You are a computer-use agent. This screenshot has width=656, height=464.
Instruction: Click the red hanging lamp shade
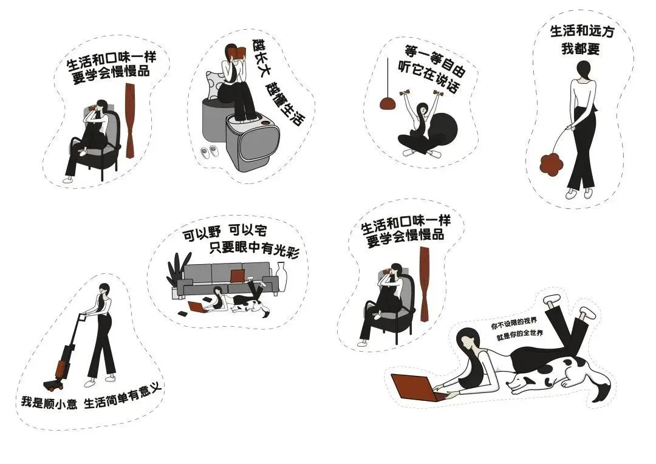tap(388, 103)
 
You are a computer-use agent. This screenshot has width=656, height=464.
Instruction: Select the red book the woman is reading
tap(239, 53)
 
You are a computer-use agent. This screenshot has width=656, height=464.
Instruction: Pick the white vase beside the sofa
tap(281, 276)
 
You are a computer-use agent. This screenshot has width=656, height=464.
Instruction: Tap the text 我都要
tap(580, 49)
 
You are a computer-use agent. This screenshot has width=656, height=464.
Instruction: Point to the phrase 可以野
tap(202, 234)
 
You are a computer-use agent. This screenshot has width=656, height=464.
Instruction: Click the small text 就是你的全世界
tap(520, 336)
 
